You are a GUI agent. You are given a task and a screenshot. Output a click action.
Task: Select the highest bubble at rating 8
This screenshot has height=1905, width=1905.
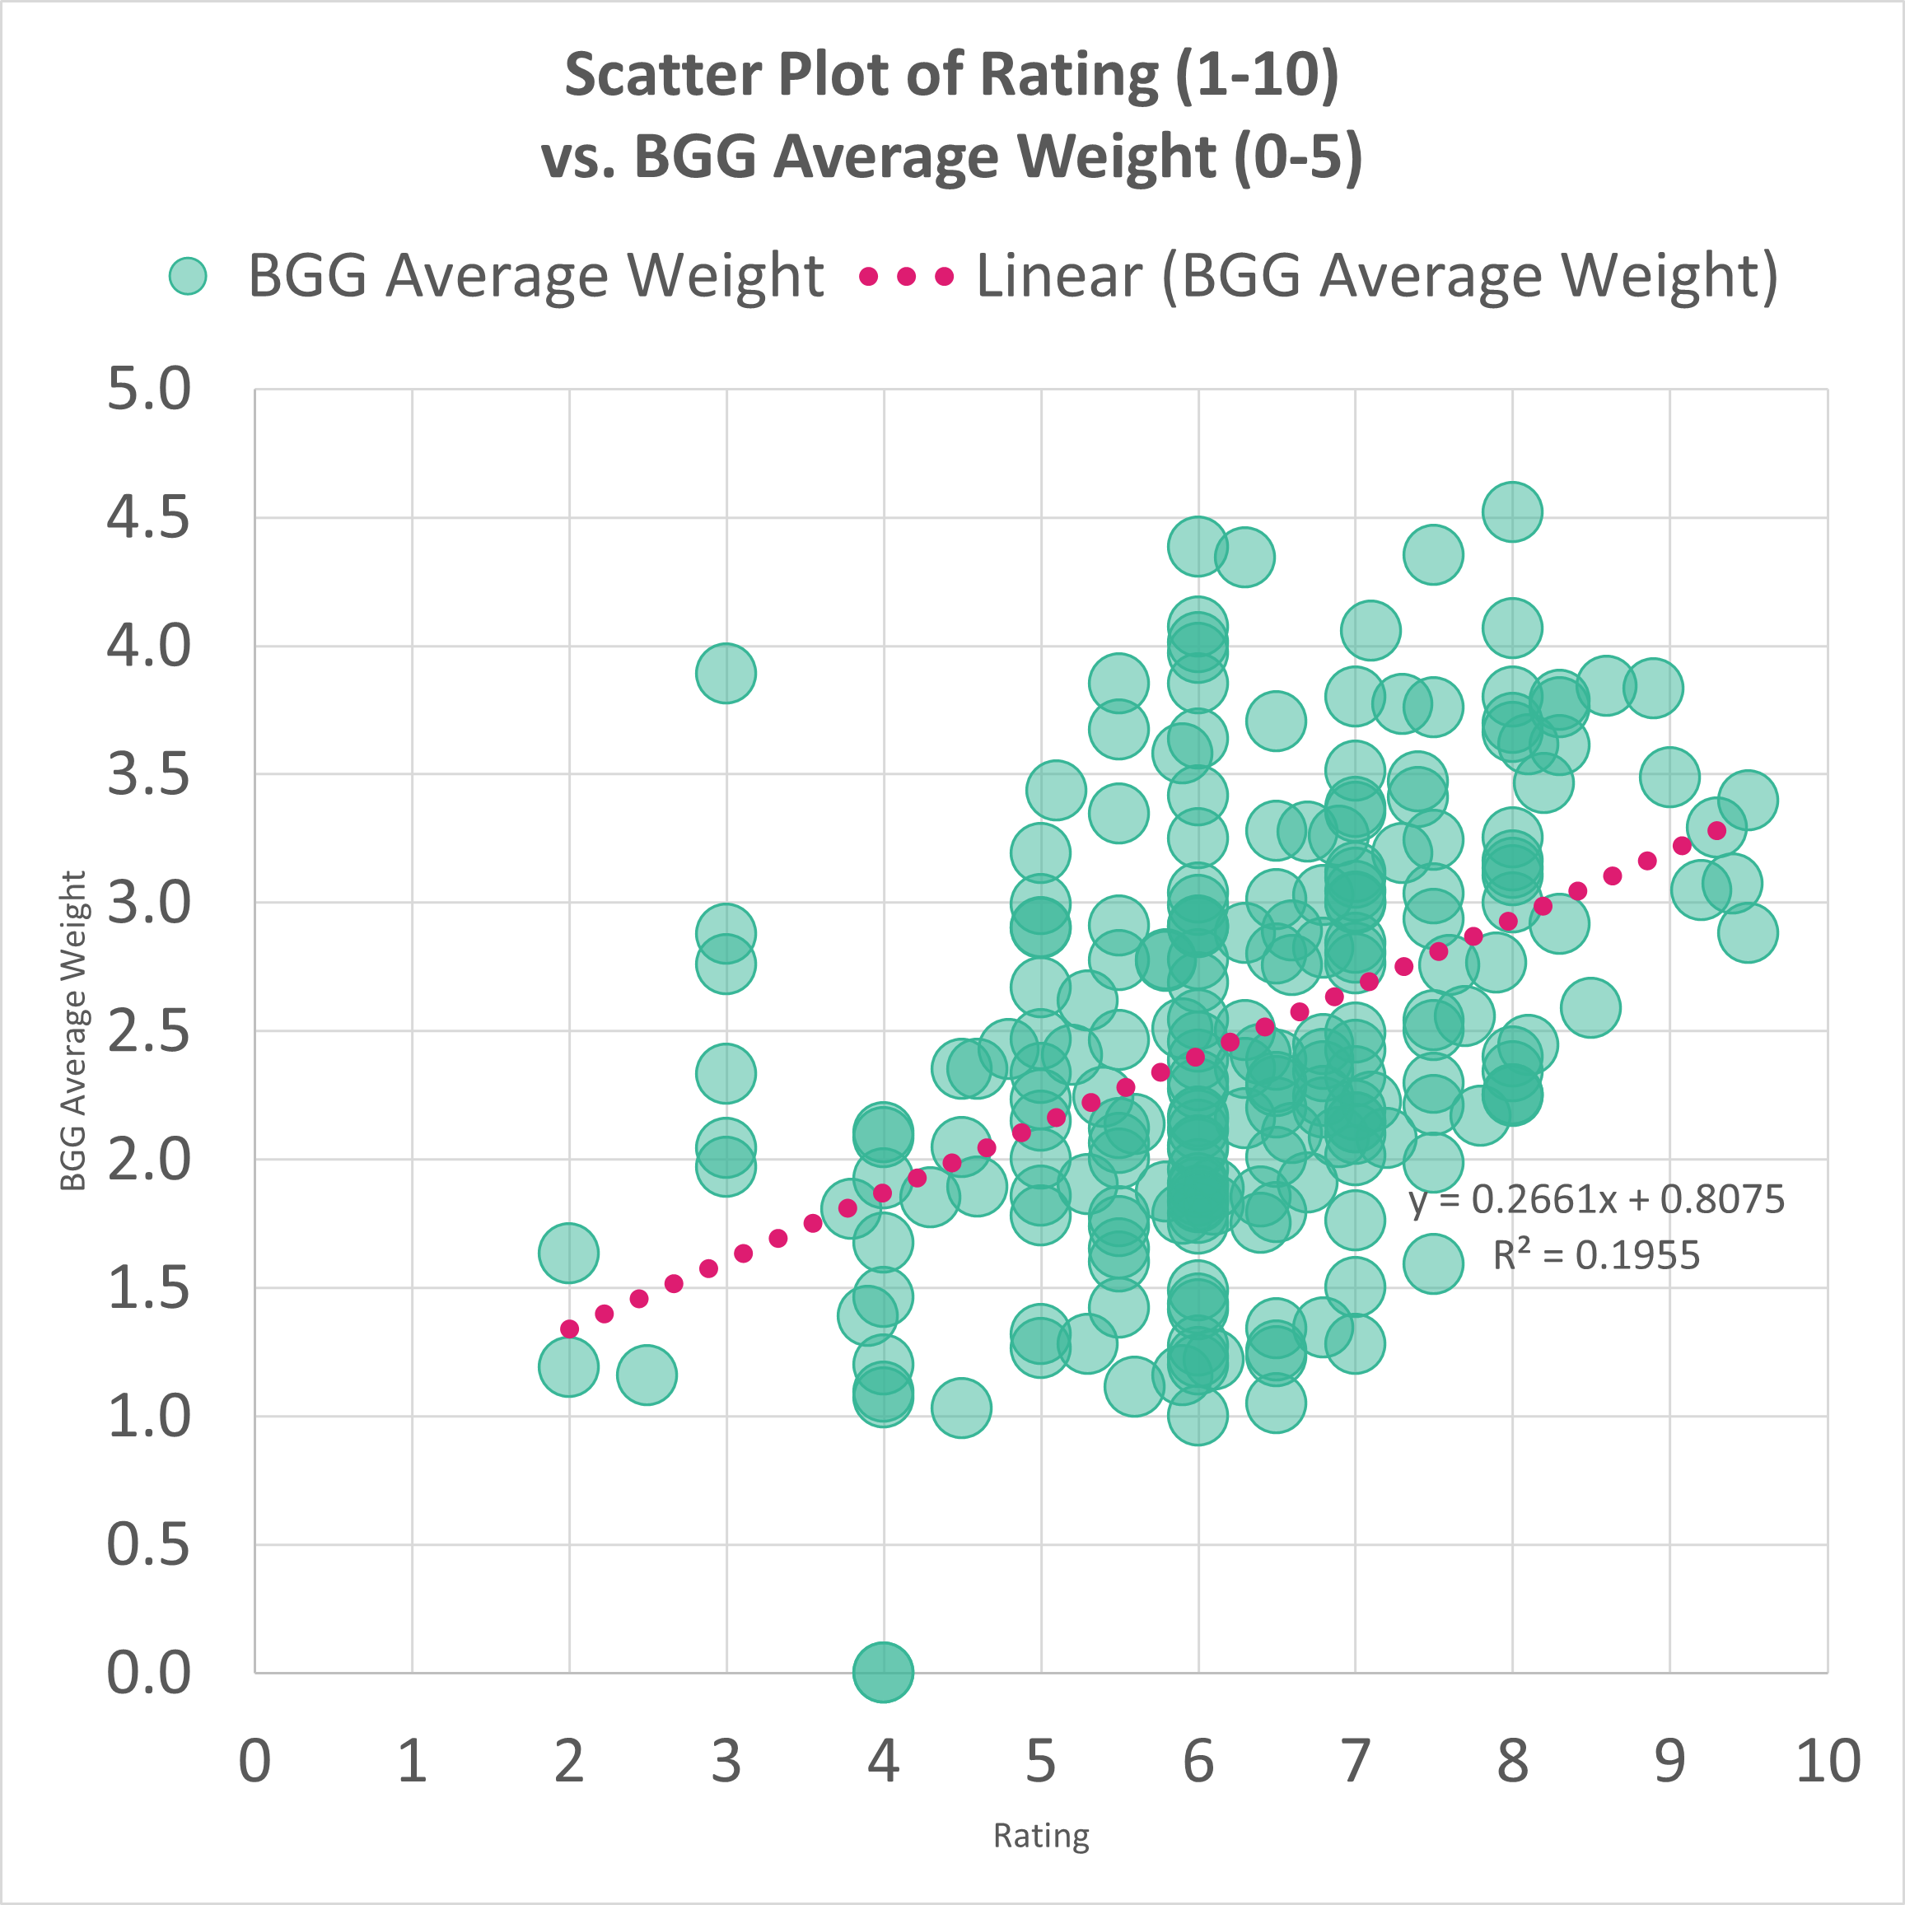pyautogui.click(x=1511, y=511)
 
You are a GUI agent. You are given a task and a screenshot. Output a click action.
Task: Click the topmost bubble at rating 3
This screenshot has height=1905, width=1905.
pyautogui.click(x=726, y=674)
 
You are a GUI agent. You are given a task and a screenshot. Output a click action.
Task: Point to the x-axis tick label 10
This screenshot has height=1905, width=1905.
pyautogui.click(x=1827, y=1761)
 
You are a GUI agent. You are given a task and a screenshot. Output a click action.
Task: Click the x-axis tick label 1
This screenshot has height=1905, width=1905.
pyautogui.click(x=412, y=1761)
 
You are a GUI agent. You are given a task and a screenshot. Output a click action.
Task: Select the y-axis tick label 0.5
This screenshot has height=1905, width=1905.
pyautogui.click(x=148, y=1544)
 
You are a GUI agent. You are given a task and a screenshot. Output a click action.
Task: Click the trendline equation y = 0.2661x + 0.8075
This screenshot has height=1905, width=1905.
pyautogui.click(x=1596, y=1200)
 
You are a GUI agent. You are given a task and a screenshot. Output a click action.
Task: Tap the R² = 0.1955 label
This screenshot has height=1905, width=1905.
pyautogui.click(x=1596, y=1255)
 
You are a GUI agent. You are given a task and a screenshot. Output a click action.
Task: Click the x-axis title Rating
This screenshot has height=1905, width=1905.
pyautogui.click(x=1041, y=1835)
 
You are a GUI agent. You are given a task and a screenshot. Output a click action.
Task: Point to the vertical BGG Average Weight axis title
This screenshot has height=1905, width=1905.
pyautogui.click(x=73, y=1030)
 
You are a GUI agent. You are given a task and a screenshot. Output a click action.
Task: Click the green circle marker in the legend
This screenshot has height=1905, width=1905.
pyautogui.click(x=187, y=276)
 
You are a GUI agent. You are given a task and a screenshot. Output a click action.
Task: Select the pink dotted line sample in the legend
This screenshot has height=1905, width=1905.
pyautogui.click(x=906, y=276)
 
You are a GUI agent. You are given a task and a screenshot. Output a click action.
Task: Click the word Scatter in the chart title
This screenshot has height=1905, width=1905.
pyautogui.click(x=664, y=75)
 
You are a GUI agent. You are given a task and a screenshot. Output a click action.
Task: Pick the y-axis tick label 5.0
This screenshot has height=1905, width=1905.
pyautogui.click(x=148, y=389)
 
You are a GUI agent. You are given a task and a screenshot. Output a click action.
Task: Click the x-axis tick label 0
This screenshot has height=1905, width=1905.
pyautogui.click(x=254, y=1761)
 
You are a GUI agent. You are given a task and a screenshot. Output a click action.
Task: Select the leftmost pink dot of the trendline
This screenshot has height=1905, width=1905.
pyautogui.click(x=569, y=1328)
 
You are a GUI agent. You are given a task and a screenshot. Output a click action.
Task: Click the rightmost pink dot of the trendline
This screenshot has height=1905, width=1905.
pyautogui.click(x=1716, y=830)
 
